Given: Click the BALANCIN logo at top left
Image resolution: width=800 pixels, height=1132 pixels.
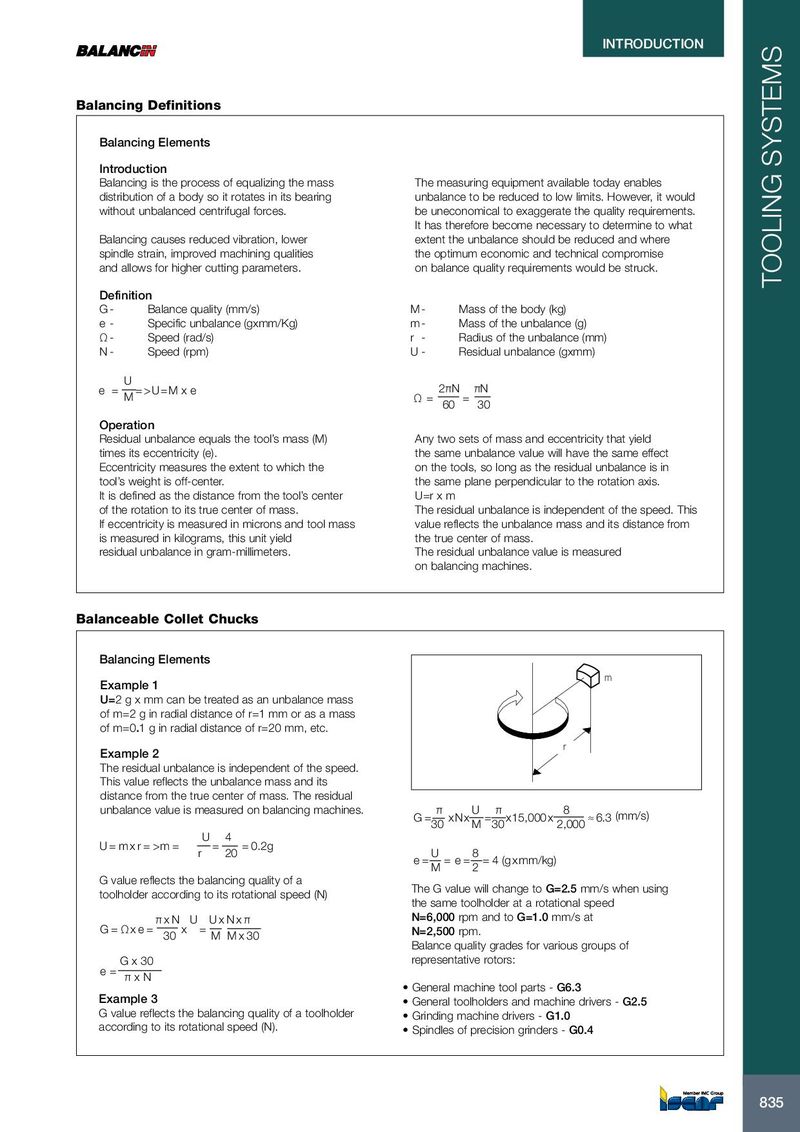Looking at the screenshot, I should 117,51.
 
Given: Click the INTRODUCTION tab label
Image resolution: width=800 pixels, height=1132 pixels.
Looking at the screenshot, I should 652,44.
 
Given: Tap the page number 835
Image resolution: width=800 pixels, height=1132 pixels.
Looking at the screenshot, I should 771,1102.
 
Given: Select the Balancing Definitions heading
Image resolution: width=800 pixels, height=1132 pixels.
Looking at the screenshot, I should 149,105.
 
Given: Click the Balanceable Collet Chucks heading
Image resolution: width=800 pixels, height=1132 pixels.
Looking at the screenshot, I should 167,619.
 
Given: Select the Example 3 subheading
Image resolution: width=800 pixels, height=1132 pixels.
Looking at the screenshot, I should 128,999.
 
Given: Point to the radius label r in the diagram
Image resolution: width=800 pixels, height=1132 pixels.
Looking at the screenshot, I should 564,746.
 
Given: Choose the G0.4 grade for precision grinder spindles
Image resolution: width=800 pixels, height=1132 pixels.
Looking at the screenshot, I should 581,1031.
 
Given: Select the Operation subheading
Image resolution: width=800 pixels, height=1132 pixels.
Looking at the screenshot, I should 127,425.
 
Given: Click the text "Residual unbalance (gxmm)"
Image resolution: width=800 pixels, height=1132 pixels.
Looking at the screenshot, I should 526,352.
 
